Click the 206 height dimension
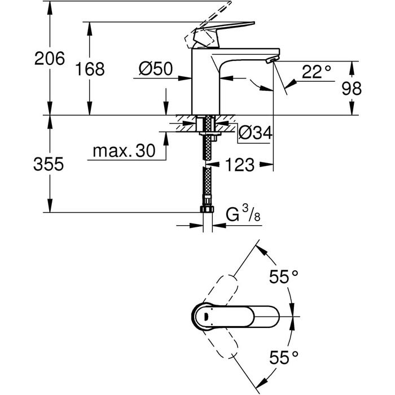point(50,58)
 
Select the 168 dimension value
point(91,69)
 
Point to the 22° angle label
point(316,72)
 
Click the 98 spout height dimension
point(352,88)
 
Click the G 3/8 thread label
point(243,216)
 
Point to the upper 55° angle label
point(282,277)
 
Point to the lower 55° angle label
point(282,357)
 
